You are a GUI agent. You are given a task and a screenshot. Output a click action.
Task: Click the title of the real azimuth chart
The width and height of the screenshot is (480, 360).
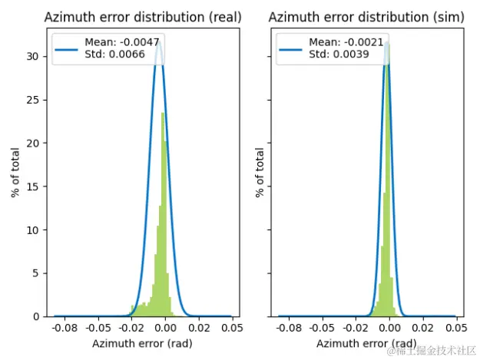tap(143, 17)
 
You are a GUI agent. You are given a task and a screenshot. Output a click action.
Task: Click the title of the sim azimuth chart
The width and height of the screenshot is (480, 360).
tap(369, 17)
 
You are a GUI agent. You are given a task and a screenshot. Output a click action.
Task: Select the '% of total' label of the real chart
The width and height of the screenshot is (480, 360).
tap(16, 173)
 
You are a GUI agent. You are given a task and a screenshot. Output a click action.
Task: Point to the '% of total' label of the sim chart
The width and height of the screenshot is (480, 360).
tap(260, 173)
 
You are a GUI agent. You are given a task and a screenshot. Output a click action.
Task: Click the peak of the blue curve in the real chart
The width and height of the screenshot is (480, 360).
tap(159, 45)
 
